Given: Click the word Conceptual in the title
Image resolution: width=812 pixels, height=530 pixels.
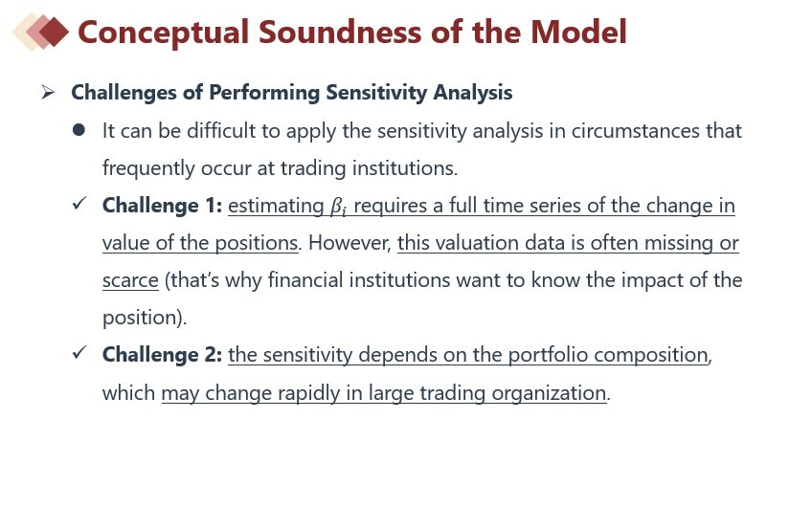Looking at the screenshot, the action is [x=163, y=33].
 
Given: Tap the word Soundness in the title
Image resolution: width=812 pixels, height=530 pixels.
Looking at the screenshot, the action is [x=341, y=33].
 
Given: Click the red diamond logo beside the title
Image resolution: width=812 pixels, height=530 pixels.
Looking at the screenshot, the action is [x=40, y=32].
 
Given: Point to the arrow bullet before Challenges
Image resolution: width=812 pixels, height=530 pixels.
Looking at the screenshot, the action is [x=48, y=93].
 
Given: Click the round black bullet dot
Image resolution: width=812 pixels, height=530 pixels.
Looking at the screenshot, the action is [x=79, y=130].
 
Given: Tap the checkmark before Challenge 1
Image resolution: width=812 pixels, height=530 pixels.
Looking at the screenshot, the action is [x=79, y=204].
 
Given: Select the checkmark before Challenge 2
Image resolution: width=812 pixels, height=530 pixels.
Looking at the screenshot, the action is [x=79, y=352].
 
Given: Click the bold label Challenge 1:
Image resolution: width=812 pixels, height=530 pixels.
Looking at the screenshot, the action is [x=162, y=206].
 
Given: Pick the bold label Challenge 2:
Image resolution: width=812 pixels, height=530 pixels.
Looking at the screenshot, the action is [x=162, y=355].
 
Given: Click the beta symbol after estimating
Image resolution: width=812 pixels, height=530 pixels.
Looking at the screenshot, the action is [x=339, y=207].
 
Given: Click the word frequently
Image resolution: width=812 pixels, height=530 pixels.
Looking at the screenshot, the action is [x=148, y=168].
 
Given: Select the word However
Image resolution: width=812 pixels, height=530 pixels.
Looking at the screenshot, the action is [x=350, y=243].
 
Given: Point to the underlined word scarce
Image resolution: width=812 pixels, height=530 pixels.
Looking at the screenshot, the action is [x=130, y=280].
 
